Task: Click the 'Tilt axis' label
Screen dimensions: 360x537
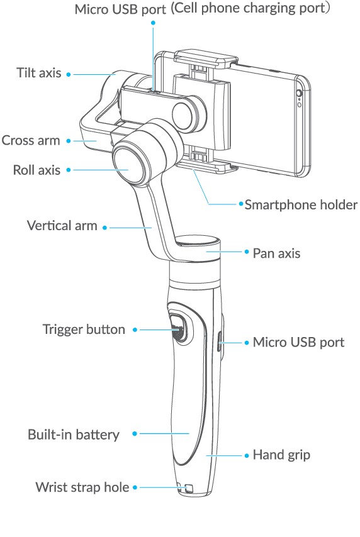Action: tap(39, 73)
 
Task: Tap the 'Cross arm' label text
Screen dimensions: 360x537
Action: tap(31, 140)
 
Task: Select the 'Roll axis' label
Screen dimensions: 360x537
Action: tap(37, 170)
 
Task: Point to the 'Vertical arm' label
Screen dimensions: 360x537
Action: tap(62, 226)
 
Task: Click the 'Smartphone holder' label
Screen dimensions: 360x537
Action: tap(301, 205)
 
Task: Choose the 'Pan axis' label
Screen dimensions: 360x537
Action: tap(276, 253)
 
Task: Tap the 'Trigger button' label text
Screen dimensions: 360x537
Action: tap(84, 329)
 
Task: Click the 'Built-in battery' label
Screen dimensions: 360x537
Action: tap(74, 435)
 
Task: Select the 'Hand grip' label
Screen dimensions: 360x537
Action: tap(281, 455)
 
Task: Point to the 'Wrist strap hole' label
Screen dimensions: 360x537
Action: tap(82, 487)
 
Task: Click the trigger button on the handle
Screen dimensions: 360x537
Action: tap(179, 328)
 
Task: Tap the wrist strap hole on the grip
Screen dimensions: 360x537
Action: tap(188, 488)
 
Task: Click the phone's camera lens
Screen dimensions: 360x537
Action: tap(298, 93)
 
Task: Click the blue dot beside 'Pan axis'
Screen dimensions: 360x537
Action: tap(247, 252)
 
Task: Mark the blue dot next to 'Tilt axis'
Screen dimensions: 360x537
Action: tap(69, 74)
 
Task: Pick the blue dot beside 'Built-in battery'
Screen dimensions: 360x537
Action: tap(135, 434)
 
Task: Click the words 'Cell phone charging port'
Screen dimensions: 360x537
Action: tap(250, 8)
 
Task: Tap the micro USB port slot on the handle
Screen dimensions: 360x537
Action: tap(218, 342)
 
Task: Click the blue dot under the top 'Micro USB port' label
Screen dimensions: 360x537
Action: tap(154, 23)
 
